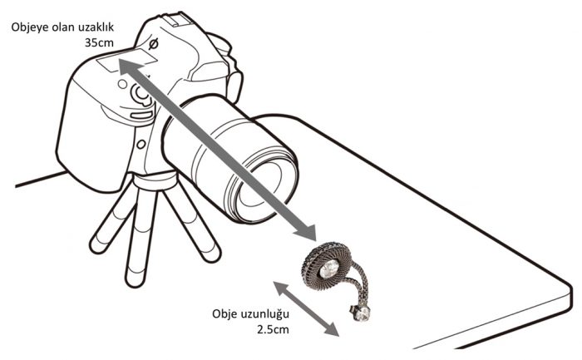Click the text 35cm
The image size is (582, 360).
tap(99, 42)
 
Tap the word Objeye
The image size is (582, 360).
tap(27, 27)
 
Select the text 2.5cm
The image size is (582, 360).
tap(273, 329)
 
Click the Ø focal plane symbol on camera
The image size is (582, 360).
tap(153, 44)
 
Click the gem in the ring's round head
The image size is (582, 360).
tap(328, 269)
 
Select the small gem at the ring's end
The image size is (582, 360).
tap(362, 313)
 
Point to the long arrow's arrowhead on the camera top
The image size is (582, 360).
tap(129, 69)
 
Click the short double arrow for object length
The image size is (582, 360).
tap(306, 309)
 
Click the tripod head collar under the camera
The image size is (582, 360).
tap(155, 181)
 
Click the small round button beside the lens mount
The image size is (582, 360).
tap(141, 144)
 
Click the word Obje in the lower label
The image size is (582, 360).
tap(225, 314)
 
